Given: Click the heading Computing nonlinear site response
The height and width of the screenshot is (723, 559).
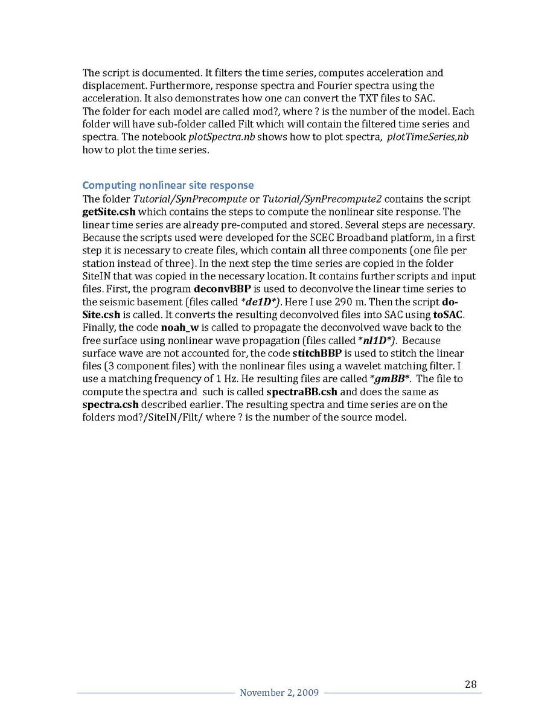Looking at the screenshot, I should point(168,185).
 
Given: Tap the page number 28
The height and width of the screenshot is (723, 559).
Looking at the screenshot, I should point(471,684).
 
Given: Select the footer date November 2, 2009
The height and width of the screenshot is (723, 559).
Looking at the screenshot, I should point(279,693).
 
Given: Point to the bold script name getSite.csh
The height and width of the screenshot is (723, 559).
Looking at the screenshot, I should point(109,212).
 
